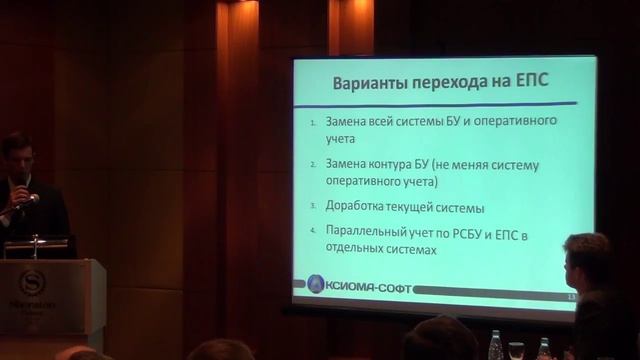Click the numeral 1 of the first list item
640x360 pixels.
tap(312, 124)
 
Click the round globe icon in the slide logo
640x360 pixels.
tap(315, 283)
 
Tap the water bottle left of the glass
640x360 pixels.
tap(494, 346)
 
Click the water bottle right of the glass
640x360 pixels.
tap(543, 348)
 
